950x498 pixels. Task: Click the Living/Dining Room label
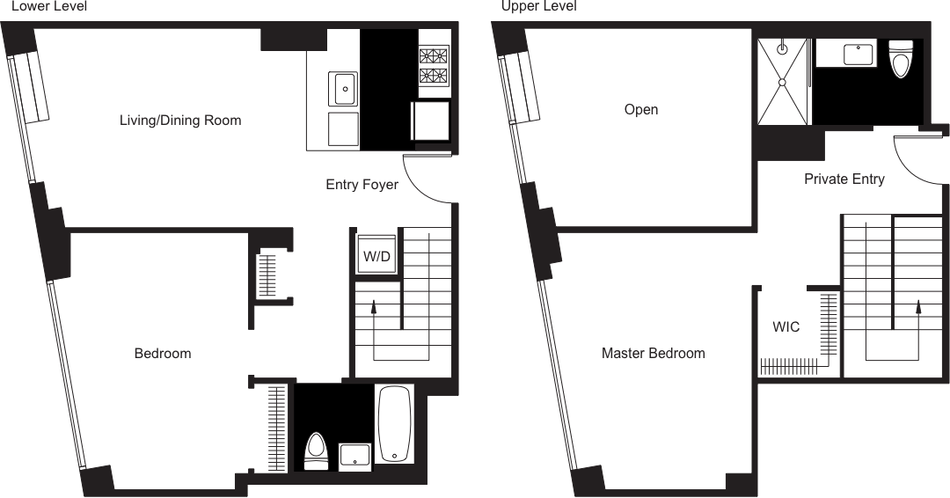click(x=180, y=120)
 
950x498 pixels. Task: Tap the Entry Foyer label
click(x=362, y=185)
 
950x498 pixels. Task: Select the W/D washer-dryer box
click(x=376, y=256)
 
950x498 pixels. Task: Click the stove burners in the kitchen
click(x=433, y=62)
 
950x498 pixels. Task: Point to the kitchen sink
click(x=344, y=88)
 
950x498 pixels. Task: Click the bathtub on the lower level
click(x=392, y=424)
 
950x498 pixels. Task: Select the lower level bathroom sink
click(x=354, y=455)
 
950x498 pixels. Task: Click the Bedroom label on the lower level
click(x=162, y=354)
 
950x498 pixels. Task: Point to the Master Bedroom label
click(x=653, y=354)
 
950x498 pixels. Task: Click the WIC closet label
click(x=786, y=327)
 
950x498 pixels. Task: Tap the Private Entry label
click(x=844, y=179)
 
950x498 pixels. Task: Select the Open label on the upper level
click(x=640, y=110)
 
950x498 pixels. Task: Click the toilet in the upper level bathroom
click(x=901, y=60)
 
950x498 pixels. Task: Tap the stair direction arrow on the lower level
click(x=376, y=308)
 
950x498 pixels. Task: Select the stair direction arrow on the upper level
click(x=919, y=308)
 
